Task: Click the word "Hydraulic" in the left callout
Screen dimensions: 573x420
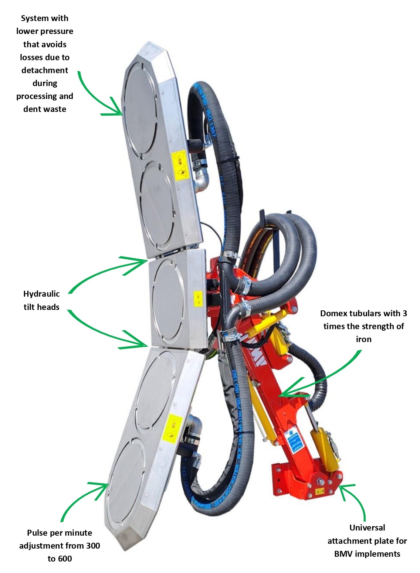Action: (x=41, y=294)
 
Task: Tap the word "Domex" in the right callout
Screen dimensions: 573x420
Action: (x=335, y=313)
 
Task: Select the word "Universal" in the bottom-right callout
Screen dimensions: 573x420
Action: (x=367, y=528)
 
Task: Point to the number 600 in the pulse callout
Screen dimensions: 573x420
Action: (x=65, y=559)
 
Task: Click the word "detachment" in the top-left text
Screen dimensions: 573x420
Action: (x=45, y=70)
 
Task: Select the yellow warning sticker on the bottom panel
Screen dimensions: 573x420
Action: (x=172, y=429)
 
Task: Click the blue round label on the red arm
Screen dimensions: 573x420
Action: (x=291, y=433)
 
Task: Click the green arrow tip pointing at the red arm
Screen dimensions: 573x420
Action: (x=280, y=395)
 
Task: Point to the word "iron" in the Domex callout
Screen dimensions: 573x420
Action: (x=363, y=339)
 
